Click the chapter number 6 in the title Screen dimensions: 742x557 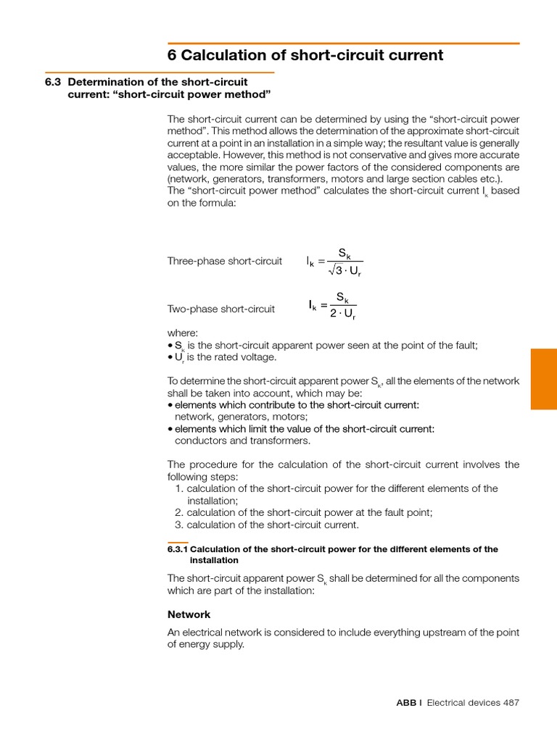172,56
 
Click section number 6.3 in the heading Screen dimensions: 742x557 53,82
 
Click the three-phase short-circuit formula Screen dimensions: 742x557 334,262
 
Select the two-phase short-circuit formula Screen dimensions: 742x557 333,306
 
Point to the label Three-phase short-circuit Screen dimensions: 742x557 225,261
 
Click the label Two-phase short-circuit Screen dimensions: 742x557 221,309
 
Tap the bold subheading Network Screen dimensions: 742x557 189,614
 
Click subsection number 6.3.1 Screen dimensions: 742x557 177,549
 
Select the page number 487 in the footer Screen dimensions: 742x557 510,702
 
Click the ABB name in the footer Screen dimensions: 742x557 406,702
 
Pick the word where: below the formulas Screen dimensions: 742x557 183,333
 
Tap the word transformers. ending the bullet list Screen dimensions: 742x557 279,440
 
